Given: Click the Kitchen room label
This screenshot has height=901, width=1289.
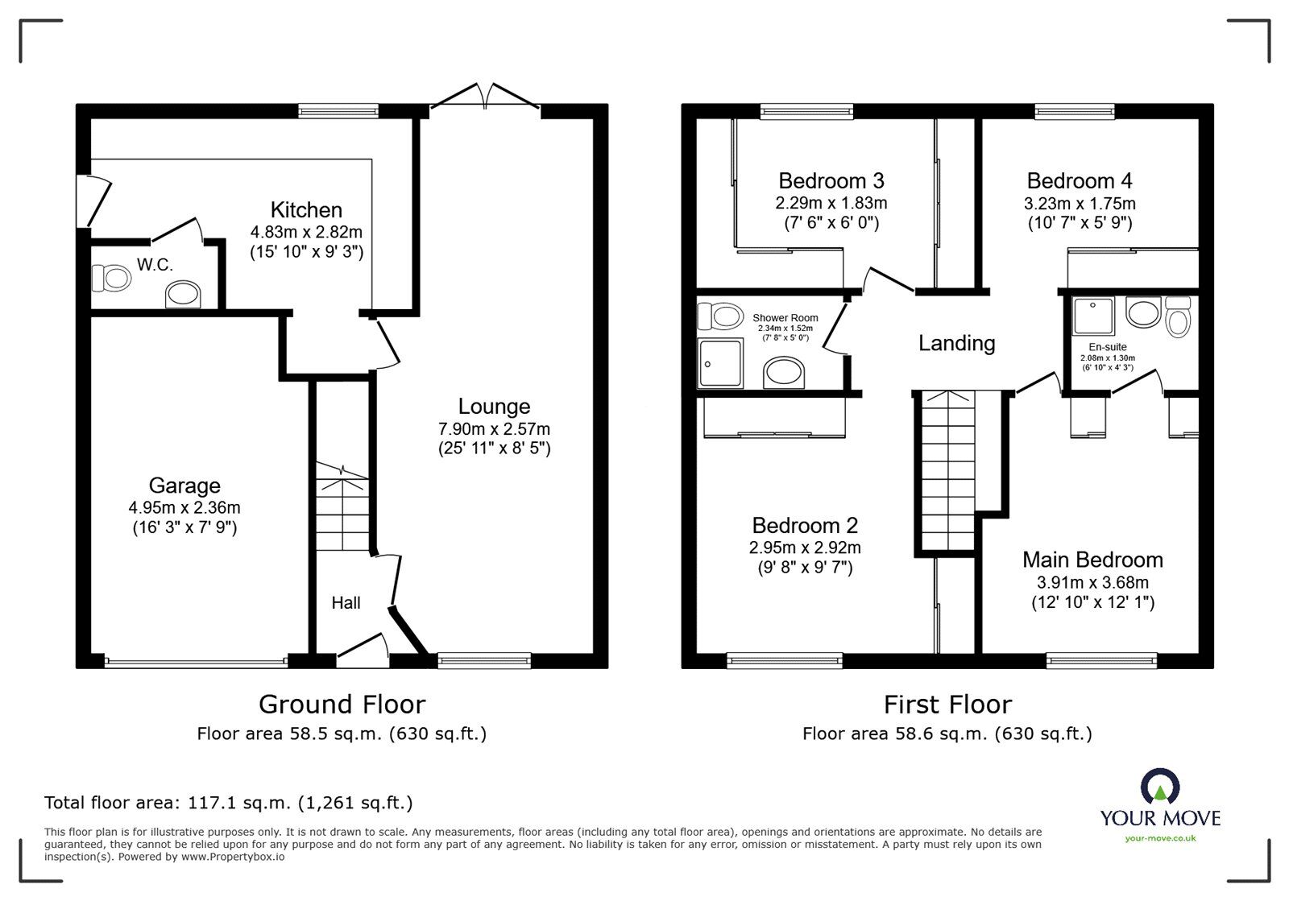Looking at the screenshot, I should click(306, 210).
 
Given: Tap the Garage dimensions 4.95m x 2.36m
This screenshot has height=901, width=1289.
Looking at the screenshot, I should click(184, 507).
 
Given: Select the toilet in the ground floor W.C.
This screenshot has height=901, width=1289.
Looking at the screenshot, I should click(111, 279).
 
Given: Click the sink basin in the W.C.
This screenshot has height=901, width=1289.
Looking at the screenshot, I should click(184, 295).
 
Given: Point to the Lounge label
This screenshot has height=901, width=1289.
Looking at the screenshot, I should click(494, 407).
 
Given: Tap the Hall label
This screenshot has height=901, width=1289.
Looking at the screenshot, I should click(346, 603).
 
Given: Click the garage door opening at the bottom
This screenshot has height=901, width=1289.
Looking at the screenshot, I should click(196, 663).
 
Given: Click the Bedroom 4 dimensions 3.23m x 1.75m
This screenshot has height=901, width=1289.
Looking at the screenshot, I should click(1080, 203).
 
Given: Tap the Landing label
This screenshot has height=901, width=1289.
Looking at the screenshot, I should click(956, 344).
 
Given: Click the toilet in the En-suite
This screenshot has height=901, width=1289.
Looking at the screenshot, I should click(1177, 319).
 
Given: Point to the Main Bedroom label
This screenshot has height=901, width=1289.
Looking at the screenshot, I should click(1092, 560).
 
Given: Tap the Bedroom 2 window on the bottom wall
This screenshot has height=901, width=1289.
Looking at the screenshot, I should click(785, 662).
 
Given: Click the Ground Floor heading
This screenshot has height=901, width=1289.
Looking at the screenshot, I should click(342, 705).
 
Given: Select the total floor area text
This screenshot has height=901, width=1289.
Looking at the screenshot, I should click(229, 803).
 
